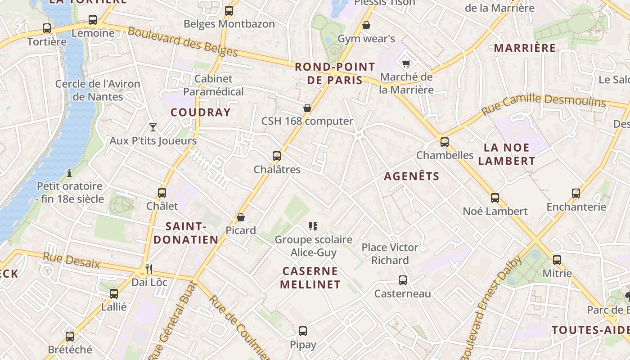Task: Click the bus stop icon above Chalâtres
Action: click(277, 156)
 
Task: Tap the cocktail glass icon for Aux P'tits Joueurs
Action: click(153, 127)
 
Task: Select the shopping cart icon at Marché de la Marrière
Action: click(406, 63)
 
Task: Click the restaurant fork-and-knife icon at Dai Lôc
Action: click(149, 269)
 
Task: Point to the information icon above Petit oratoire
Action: click(69, 172)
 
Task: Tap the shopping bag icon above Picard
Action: click(241, 217)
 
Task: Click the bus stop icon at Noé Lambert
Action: click(495, 198)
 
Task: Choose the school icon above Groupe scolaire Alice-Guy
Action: click(313, 226)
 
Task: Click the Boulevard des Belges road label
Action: click(182, 42)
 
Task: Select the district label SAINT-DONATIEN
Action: click(186, 233)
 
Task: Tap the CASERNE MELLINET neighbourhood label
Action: click(310, 278)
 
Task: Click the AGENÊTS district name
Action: click(411, 176)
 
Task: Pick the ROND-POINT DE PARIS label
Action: click(335, 74)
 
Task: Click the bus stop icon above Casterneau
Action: click(403, 280)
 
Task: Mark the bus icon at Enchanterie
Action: click(576, 193)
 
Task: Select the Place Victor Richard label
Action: click(390, 254)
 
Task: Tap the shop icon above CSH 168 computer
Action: click(307, 108)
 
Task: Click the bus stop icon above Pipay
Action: click(303, 331)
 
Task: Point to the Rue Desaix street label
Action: click(71, 261)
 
